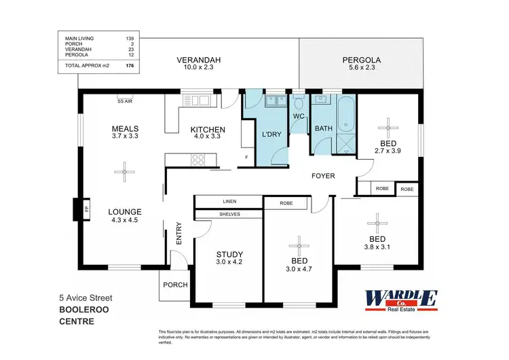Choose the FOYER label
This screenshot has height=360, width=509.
pos(323,176)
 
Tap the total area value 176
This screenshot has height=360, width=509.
pos(129,66)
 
